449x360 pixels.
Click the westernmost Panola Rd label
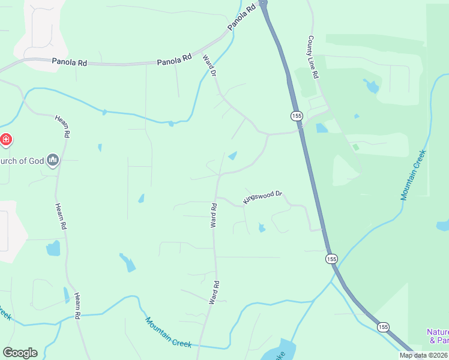[x=69, y=61]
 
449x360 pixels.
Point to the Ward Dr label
[x=209, y=65]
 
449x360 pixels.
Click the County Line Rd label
[x=314, y=58]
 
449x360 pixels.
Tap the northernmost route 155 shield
[x=296, y=115]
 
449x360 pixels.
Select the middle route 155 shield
[x=331, y=259]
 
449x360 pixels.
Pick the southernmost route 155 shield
[x=383, y=327]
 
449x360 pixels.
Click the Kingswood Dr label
[x=262, y=196]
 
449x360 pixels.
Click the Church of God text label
[x=23, y=160]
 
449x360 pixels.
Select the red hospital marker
[x=6, y=140]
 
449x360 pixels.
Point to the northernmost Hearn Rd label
[x=63, y=125]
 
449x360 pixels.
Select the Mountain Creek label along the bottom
[x=168, y=332]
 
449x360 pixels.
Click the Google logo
[x=20, y=353]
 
